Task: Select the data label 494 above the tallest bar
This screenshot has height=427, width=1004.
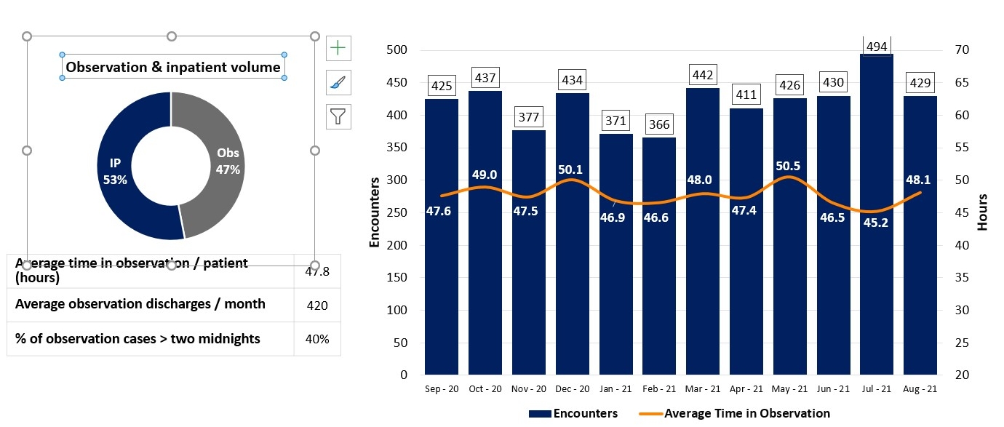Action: click(x=877, y=47)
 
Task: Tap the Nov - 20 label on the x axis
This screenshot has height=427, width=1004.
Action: click(x=529, y=389)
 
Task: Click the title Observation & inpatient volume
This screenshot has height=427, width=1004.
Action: click(x=173, y=68)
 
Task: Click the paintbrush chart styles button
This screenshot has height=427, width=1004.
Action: click(x=338, y=82)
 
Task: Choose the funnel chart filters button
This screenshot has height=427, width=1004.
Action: click(x=338, y=116)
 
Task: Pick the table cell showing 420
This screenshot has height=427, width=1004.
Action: click(x=317, y=305)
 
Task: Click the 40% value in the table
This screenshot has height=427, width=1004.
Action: click(x=317, y=339)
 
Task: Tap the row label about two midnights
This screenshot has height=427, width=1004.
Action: click(x=138, y=339)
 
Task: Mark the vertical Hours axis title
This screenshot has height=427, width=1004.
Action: click(x=982, y=212)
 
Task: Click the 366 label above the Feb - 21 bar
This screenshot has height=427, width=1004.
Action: click(x=659, y=125)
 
